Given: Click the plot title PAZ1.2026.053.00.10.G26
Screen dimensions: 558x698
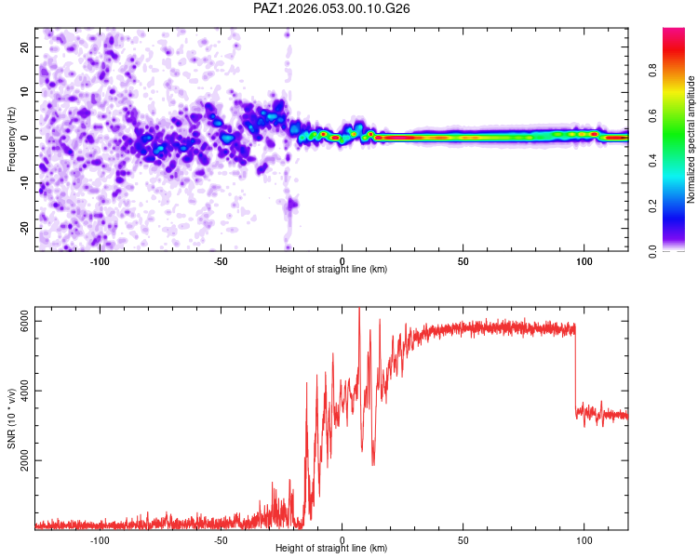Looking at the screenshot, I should coord(332,8).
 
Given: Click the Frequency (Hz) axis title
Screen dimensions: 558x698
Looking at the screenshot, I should coord(11,138).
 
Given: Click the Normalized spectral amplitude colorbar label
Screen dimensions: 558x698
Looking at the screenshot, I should coord(691,139).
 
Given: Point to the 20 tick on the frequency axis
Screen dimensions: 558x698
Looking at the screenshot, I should coord(24,46).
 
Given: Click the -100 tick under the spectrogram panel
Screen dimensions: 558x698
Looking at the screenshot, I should coord(100,261).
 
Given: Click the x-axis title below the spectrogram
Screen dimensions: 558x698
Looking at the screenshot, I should coord(331,270).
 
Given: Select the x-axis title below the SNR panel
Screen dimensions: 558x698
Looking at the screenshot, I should coord(331,549).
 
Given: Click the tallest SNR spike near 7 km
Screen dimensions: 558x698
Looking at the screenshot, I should coord(359,311).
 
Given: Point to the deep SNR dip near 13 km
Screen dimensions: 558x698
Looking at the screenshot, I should coord(373,462).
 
